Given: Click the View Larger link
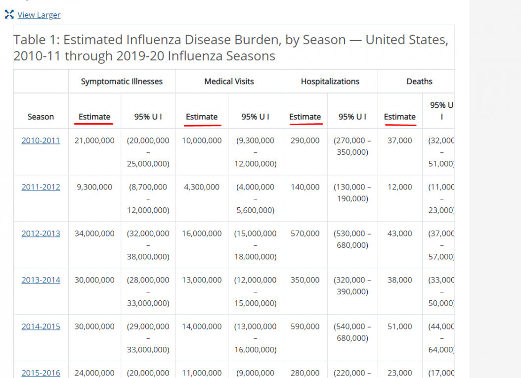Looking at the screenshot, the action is coord(39,15).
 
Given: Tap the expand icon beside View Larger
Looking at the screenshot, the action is coord(9,14).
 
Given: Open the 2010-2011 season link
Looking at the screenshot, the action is coord(41,141).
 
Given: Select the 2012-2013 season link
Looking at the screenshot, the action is coord(41,234).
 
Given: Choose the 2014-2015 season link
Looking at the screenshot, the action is coord(41,327).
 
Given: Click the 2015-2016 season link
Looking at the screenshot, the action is coord(41,373).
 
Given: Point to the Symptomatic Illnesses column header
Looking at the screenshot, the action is coord(122,82).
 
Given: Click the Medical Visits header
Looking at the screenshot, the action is coord(229,82).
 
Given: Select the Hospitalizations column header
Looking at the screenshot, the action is coord(330,82).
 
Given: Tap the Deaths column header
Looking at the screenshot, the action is coord(419,82).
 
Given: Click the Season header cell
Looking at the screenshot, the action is coord(41,117).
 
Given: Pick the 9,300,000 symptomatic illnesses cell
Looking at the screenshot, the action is coord(94,187).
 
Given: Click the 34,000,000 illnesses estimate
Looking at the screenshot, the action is coord(94,234).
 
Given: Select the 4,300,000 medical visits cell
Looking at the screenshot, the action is coord(202,187).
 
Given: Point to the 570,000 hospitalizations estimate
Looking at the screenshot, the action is coord(305,234).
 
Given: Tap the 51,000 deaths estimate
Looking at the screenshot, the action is coord(400,327).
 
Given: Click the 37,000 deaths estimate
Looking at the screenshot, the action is coord(400,141).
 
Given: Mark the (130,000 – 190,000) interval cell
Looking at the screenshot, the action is coord(352,193).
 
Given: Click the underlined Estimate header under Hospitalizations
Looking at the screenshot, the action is coord(305,117).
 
